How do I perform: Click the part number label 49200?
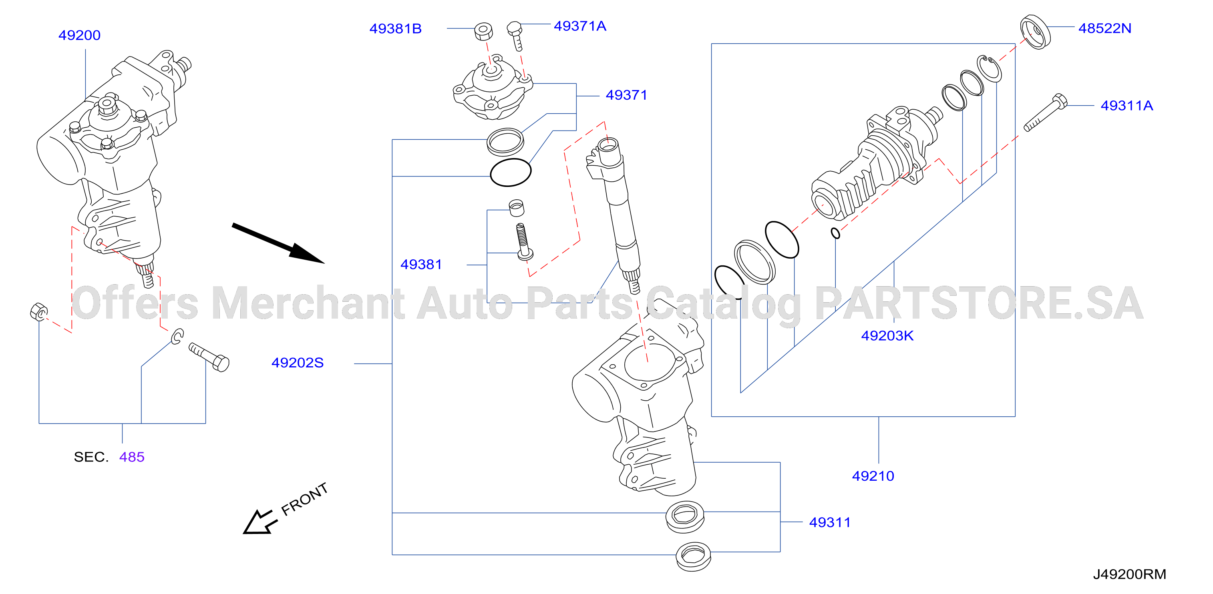[79, 35]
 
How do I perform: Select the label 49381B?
[395, 29]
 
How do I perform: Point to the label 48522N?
[1105, 28]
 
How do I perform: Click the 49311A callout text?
[1127, 105]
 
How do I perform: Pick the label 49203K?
[887, 335]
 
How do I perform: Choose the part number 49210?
[873, 476]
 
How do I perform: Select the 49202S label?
[298, 362]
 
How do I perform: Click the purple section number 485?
[132, 457]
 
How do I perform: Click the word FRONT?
[304, 499]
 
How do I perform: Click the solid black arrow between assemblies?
[278, 243]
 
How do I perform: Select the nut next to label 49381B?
[483, 32]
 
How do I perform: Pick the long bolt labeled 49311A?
[1045, 112]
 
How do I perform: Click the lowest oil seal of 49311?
[693, 556]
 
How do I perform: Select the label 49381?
[421, 265]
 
